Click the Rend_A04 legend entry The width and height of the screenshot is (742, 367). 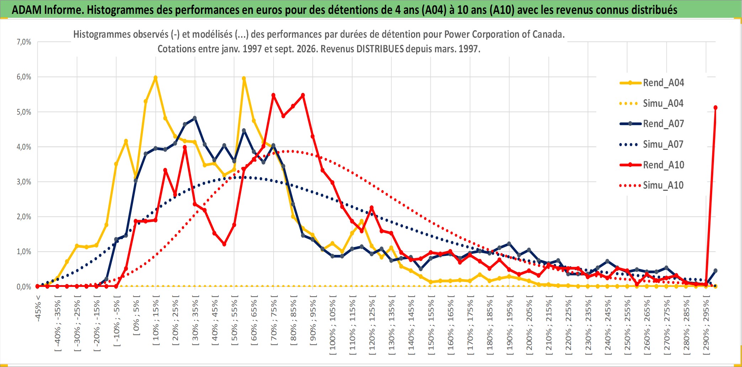coord(652,83)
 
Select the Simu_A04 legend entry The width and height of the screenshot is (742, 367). coord(652,104)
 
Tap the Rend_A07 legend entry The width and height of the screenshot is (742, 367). coord(652,124)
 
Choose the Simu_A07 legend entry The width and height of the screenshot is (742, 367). coord(652,145)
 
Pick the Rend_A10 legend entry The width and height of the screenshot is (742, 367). coord(652,165)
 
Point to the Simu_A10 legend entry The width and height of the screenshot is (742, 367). coord(652,185)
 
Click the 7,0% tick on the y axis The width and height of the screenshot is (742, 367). coord(24,42)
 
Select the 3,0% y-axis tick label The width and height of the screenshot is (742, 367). coord(24,182)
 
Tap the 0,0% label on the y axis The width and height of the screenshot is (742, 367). coord(24,287)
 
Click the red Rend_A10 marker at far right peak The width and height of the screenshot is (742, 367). coord(715,108)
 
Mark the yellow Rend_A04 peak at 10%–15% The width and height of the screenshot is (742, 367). coord(155,77)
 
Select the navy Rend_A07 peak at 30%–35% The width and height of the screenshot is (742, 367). coord(195,118)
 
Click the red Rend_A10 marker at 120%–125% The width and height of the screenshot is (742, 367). coord(372,208)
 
